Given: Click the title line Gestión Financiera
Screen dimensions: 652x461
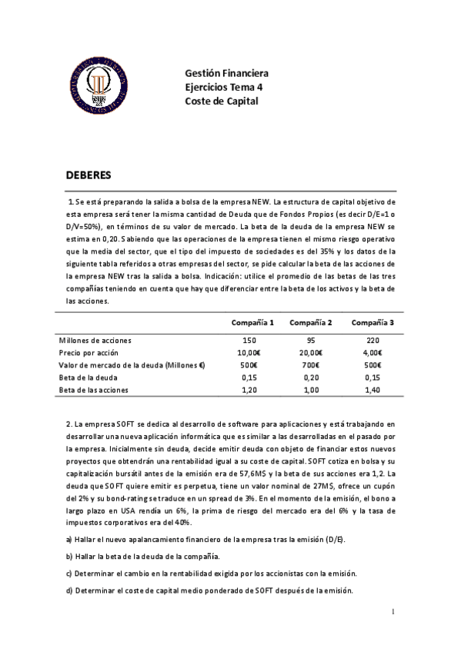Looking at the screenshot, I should coord(226,74).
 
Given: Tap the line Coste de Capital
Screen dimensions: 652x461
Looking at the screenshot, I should coord(222,101).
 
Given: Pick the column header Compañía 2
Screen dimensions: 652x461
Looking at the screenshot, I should coord(311,321).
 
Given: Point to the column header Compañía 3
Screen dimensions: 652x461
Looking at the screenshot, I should coord(371,321).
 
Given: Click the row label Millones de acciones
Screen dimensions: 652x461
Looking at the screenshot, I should coord(95,339).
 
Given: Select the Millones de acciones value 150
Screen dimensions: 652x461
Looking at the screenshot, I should coord(249,339).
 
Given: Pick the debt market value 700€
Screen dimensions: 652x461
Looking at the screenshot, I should coord(311,365).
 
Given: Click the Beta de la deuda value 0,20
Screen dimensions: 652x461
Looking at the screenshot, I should coord(310,378).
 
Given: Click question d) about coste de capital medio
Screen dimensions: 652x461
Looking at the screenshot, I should coord(209,590).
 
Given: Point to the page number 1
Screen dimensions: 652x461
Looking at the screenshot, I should coord(392,612).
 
